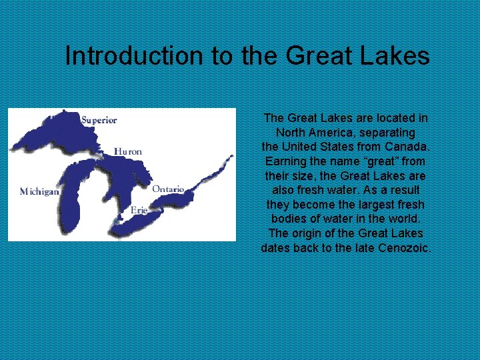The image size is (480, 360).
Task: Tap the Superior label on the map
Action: click(99, 121)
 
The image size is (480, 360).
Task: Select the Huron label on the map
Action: click(128, 151)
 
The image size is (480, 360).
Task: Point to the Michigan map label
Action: click(39, 191)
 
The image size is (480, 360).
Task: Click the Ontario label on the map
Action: click(168, 189)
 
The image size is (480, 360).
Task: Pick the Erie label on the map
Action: click(139, 209)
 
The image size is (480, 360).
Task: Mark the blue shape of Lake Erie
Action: click(137, 223)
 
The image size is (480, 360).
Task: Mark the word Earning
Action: click(286, 161)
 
